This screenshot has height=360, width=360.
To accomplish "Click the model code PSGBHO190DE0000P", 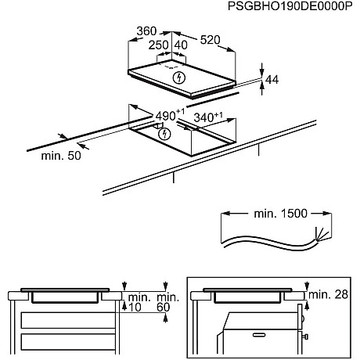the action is (x=290, y=6).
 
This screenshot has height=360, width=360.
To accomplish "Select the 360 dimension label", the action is (x=146, y=31).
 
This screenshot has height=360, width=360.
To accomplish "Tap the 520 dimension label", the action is (x=211, y=40).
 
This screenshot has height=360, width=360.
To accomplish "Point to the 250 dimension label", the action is (x=159, y=45).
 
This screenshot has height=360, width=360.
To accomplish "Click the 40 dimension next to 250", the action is (x=181, y=45).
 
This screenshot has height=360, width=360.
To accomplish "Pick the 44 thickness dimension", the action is (x=272, y=80).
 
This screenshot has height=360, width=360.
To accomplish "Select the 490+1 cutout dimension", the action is (x=170, y=115).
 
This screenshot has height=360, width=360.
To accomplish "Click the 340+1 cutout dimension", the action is (x=208, y=117).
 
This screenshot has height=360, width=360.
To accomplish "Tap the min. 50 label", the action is (x=61, y=156).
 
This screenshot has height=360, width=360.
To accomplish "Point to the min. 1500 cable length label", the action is (x=281, y=214).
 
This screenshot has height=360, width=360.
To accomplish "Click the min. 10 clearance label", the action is (x=139, y=302).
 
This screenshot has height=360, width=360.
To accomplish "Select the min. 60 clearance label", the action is (x=167, y=302).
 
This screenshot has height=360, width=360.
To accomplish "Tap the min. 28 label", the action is (x=328, y=294).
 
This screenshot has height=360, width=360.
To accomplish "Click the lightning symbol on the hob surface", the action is (x=179, y=77).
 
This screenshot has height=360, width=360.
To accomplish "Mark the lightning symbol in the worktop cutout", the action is (x=164, y=134).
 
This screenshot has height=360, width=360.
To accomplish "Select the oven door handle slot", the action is (x=259, y=335).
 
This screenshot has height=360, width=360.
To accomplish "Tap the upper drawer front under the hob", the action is (x=68, y=320).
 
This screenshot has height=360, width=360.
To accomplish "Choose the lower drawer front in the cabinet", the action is (x=68, y=342).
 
